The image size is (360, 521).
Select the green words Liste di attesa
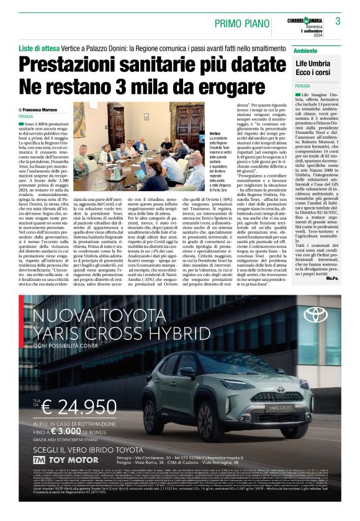pyautogui.click(x=40, y=48)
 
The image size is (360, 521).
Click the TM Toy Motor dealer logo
pyautogui.click(x=56, y=460)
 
